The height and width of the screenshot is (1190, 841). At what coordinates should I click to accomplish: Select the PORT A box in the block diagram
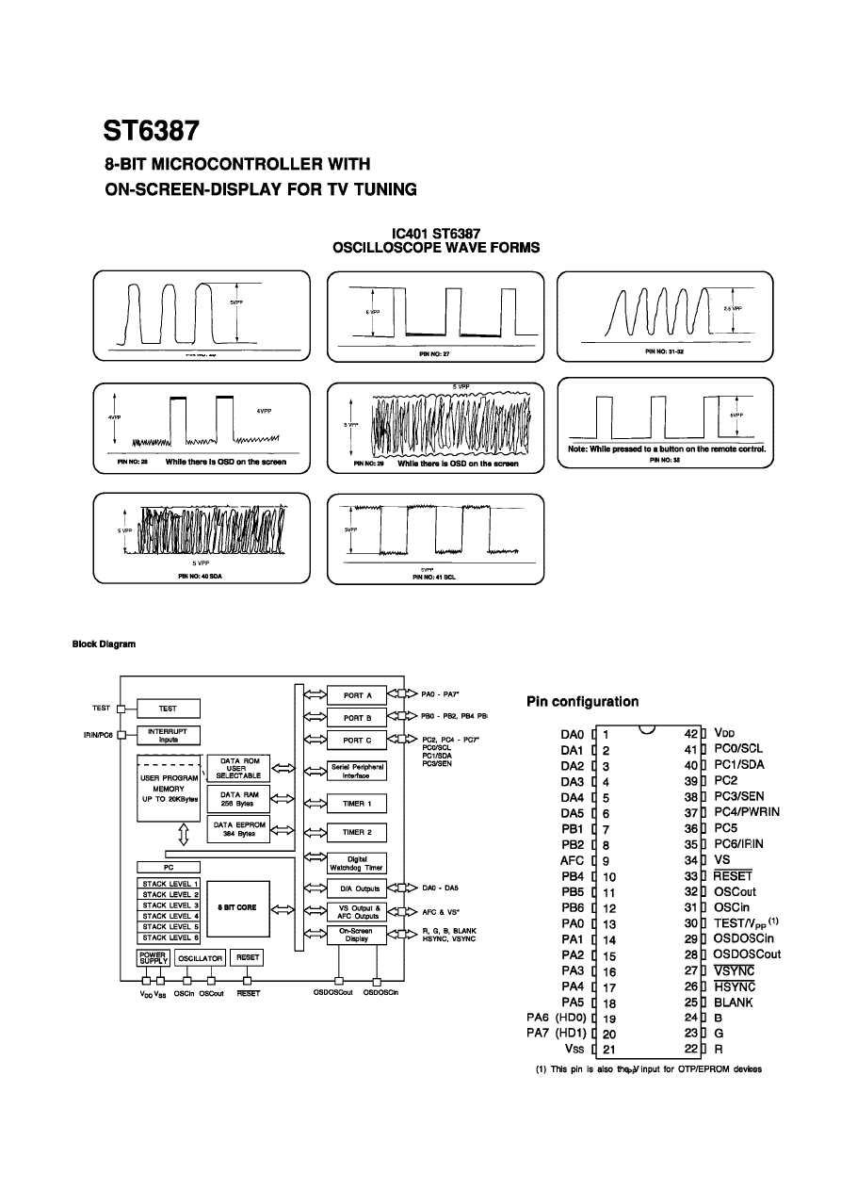point(357,696)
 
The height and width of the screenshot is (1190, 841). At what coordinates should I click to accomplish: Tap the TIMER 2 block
point(357,833)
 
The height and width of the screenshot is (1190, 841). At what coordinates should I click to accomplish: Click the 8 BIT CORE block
point(237,907)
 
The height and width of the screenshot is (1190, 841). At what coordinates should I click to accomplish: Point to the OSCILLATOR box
point(200,957)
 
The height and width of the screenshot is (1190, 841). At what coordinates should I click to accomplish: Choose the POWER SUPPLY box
point(154,957)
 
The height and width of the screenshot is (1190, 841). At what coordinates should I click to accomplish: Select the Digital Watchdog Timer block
point(357,862)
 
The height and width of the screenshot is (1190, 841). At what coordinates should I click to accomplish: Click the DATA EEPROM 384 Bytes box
point(236,829)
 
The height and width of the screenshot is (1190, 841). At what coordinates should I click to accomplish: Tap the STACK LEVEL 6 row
point(170,937)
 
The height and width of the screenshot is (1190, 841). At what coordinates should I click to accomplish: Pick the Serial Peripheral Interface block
point(357,771)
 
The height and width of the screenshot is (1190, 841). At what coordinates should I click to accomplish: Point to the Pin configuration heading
point(582,701)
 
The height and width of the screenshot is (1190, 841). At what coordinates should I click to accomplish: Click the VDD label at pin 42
point(723,732)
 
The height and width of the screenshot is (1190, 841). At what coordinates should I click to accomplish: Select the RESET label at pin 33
point(734,875)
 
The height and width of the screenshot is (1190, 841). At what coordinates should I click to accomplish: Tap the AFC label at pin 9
point(573,859)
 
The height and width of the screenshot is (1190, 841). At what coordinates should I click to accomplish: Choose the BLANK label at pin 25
point(734,1003)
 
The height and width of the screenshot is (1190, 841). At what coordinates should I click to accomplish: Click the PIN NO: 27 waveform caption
point(435,354)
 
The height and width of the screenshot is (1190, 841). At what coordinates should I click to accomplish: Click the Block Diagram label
point(104,644)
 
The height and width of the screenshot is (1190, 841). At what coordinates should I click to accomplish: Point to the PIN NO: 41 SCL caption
point(434,577)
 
